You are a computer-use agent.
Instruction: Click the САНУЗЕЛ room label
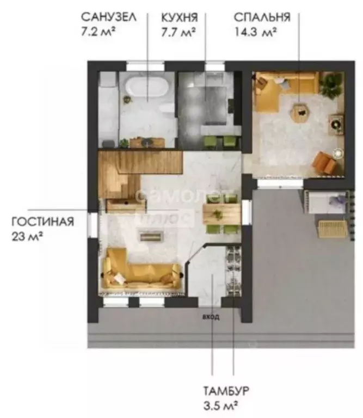point(108,17)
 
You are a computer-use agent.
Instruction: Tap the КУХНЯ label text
point(180,17)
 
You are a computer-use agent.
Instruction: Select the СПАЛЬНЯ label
point(262,17)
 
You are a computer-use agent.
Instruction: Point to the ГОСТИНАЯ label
point(42,222)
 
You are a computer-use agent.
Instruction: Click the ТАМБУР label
point(226,391)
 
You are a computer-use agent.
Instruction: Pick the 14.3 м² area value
point(255,32)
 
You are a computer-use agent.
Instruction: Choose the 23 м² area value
point(27,236)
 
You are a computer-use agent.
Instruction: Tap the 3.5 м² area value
point(220,406)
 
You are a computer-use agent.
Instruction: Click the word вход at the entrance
point(211,317)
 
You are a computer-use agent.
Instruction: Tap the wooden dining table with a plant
point(222,214)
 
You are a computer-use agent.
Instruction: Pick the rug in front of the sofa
point(152,236)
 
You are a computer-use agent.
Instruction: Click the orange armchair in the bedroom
point(324,162)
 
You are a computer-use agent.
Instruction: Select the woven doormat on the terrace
point(333,229)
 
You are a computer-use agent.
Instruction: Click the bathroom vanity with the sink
point(147,142)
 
